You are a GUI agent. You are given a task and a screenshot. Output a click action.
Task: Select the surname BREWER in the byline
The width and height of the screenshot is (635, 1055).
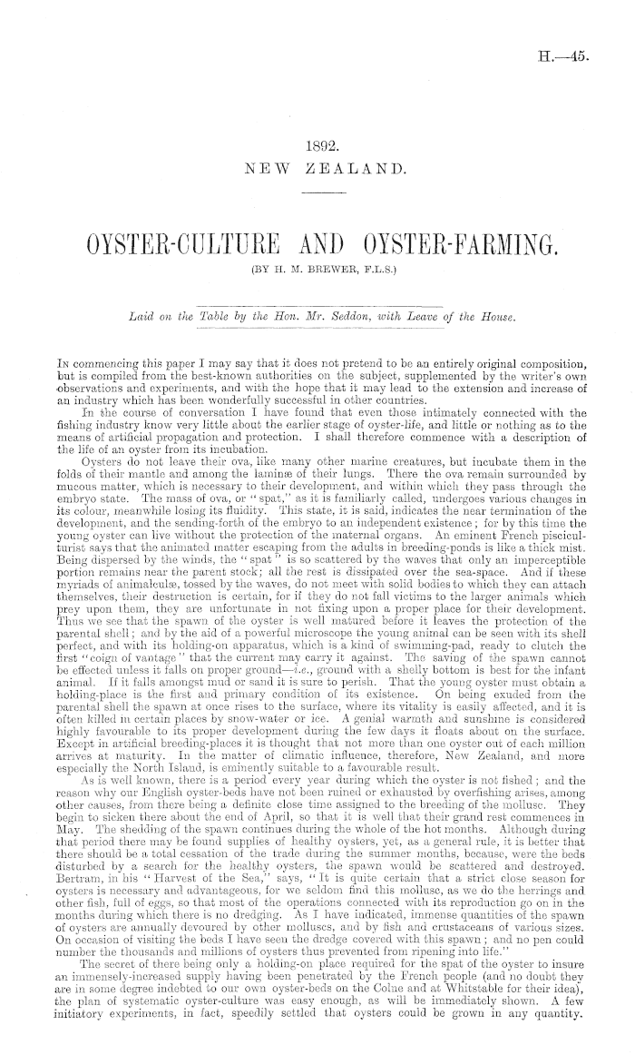coord(319,269)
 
